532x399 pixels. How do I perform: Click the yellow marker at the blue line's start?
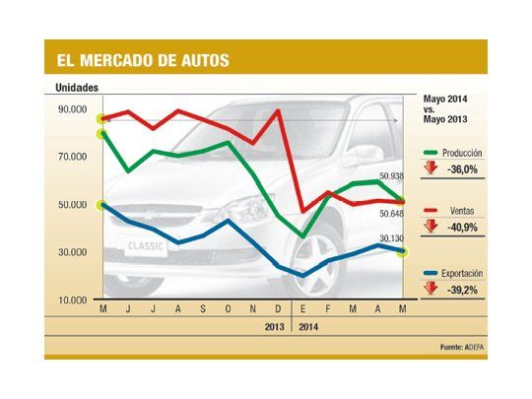point(103,205)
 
